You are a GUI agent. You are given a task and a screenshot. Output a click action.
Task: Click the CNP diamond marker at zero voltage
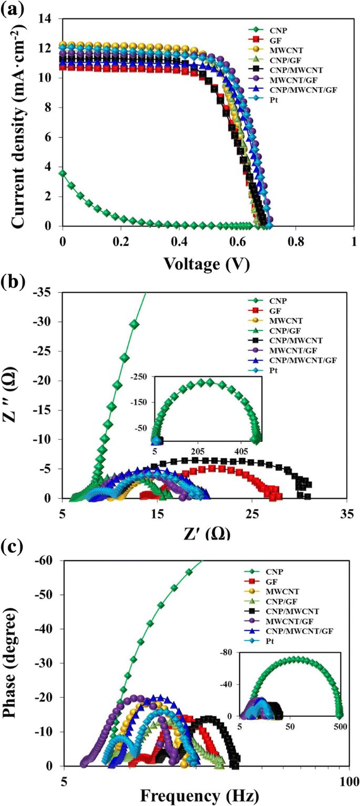[x=63, y=173]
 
